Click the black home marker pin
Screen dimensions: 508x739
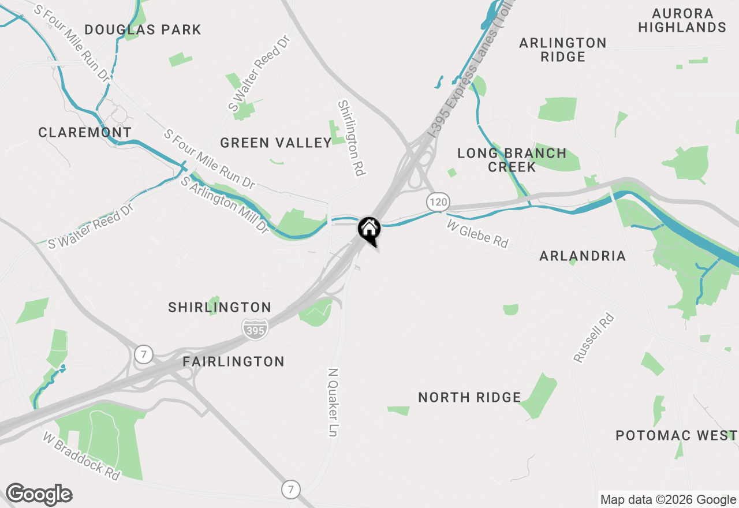(x=369, y=230)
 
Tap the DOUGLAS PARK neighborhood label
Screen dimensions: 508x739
(x=143, y=29)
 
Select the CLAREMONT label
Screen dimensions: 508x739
(x=85, y=132)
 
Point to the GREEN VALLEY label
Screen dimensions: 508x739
(x=276, y=143)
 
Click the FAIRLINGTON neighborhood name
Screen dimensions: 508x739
(x=234, y=361)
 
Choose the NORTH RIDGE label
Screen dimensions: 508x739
(x=469, y=397)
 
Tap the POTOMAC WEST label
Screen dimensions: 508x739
(x=676, y=435)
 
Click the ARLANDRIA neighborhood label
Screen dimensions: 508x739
(x=582, y=256)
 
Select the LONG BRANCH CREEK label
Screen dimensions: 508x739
(x=512, y=160)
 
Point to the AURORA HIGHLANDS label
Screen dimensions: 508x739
(x=682, y=20)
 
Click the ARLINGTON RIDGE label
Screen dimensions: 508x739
(x=563, y=50)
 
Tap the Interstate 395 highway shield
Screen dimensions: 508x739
(x=255, y=328)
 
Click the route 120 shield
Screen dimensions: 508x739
(x=438, y=202)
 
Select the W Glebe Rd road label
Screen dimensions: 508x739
(x=477, y=233)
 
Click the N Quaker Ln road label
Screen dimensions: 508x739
(x=333, y=402)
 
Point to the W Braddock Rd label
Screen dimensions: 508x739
(x=81, y=455)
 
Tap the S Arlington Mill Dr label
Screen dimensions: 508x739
(x=225, y=205)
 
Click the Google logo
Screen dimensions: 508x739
(x=39, y=495)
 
